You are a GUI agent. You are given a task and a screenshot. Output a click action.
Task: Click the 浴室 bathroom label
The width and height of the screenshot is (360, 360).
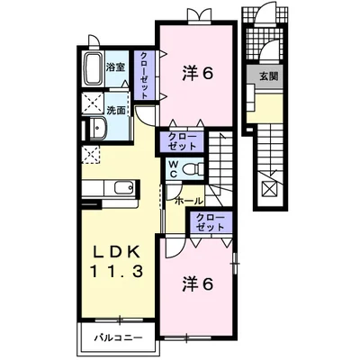114,67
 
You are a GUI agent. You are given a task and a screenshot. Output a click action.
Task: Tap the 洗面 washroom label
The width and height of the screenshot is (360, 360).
114,112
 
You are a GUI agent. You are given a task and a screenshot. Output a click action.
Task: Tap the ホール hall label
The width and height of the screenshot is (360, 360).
187,199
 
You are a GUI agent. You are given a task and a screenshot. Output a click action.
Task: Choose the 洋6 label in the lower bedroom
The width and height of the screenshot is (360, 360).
199,284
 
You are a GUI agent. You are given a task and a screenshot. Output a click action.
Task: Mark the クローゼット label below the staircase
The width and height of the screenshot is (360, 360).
210,223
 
